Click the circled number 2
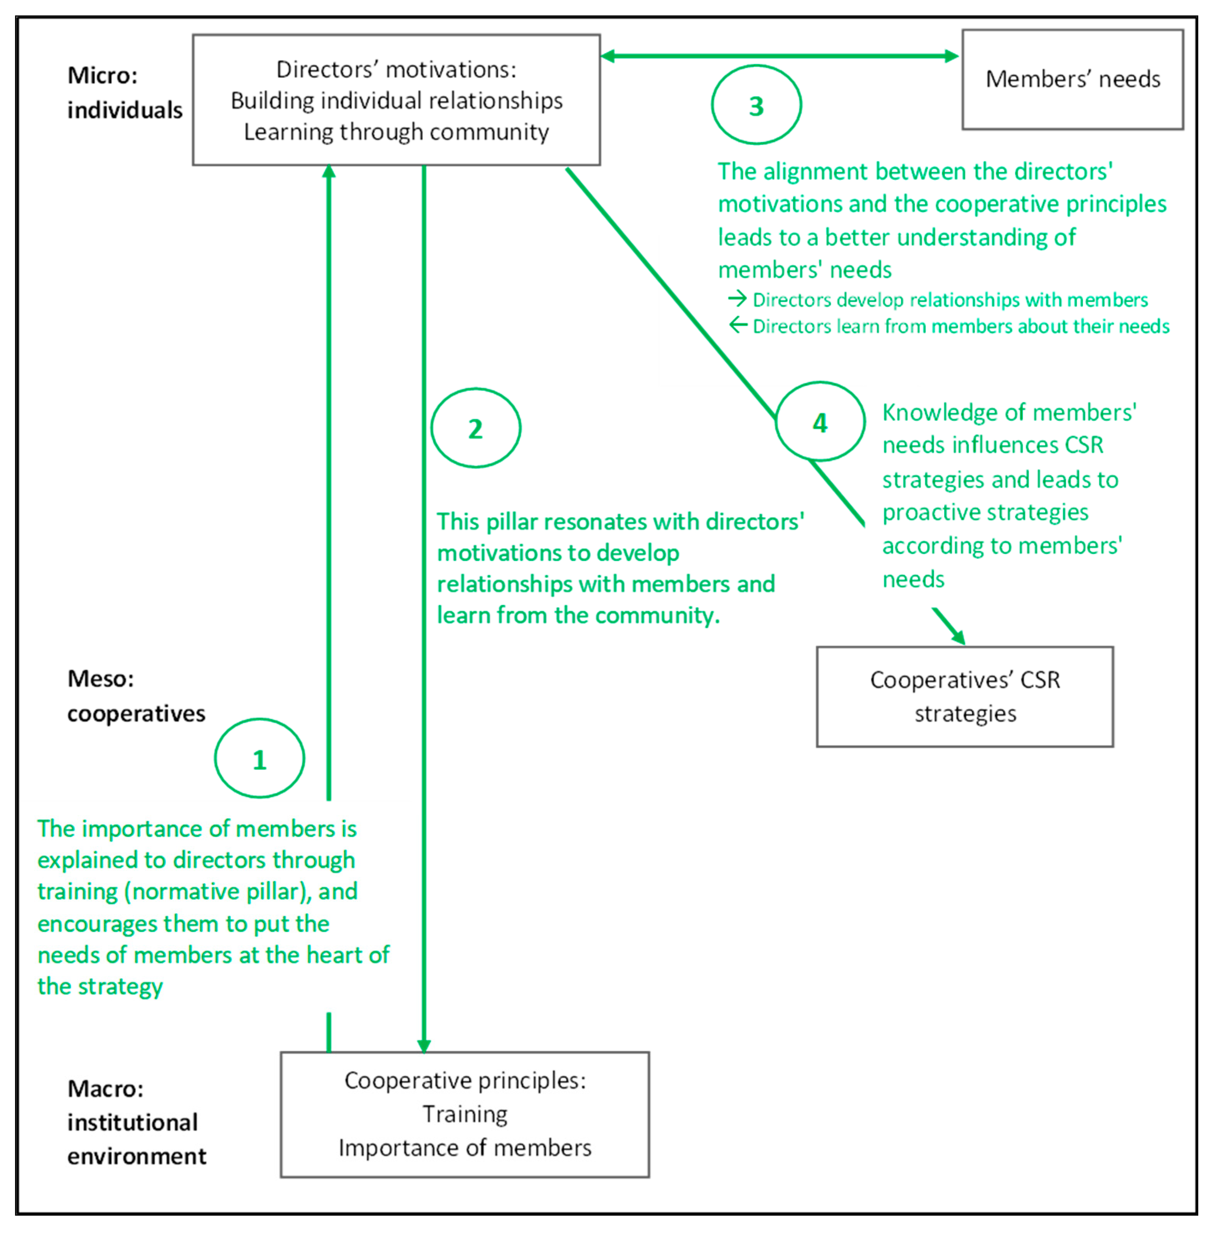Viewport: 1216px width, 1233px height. [x=475, y=428]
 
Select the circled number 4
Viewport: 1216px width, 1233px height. [x=820, y=422]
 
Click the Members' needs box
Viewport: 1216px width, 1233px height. [x=1072, y=79]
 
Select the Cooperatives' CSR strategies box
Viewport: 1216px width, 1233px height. [x=965, y=697]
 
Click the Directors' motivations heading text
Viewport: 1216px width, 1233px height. [x=396, y=69]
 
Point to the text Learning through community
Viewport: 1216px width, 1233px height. [x=396, y=132]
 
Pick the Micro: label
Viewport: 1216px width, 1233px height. [x=102, y=75]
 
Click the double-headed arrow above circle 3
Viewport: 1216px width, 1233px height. [x=779, y=56]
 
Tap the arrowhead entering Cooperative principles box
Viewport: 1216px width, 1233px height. [x=424, y=1045]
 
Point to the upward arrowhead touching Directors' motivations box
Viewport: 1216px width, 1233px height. [x=329, y=171]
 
